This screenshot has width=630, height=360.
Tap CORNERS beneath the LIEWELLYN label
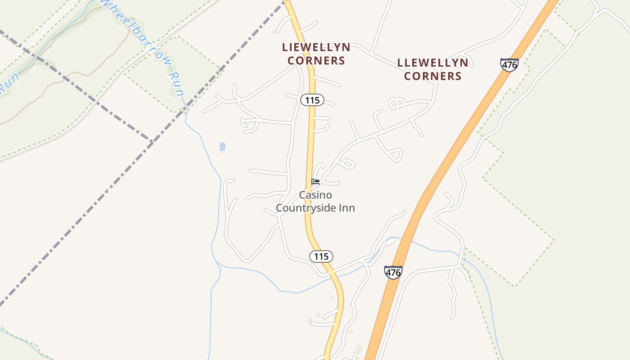(x=316, y=60)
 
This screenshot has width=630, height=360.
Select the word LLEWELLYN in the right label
(x=432, y=63)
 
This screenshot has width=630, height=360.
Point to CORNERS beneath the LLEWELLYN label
(x=432, y=76)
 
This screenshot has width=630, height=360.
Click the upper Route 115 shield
(x=312, y=100)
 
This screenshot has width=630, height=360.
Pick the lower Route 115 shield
(x=321, y=256)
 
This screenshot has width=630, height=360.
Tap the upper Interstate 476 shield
(x=509, y=65)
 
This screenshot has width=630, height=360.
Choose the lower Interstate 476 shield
(x=393, y=272)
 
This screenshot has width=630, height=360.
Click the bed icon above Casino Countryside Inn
(x=315, y=182)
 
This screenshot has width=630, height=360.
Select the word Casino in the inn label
(x=315, y=195)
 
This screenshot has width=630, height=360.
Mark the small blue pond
(x=222, y=147)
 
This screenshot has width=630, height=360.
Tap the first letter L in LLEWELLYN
(x=400, y=63)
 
